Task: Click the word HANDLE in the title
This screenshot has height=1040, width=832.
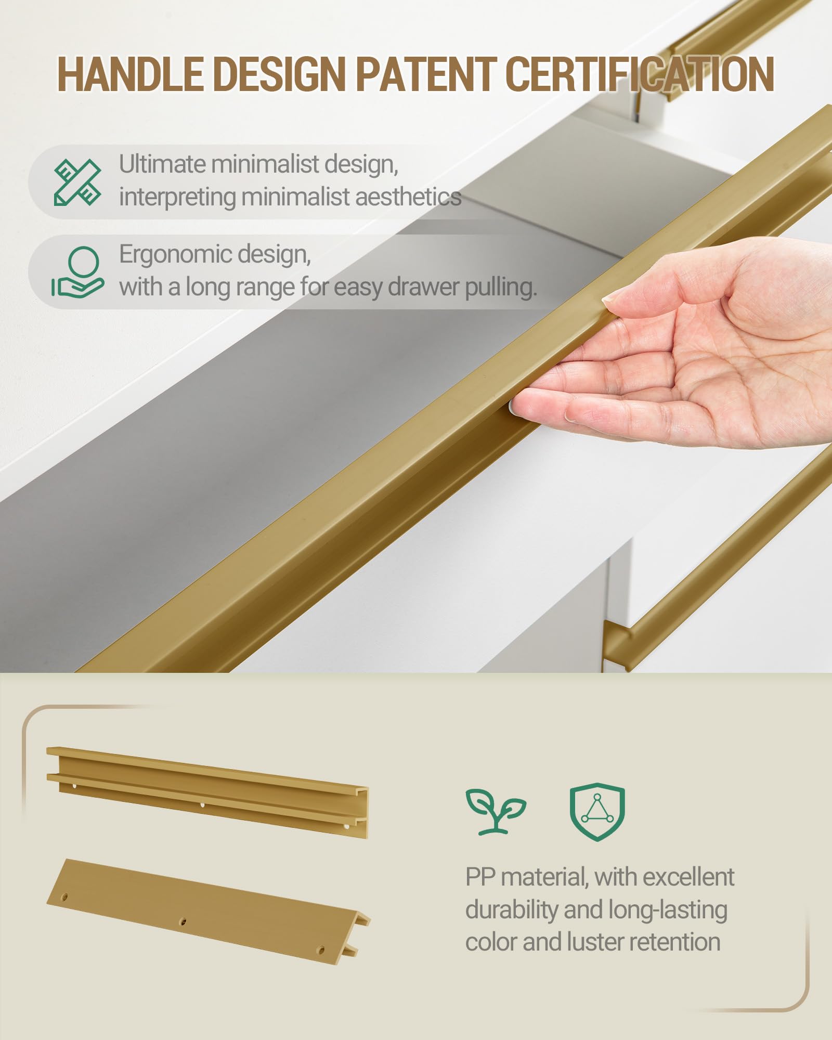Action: (130, 74)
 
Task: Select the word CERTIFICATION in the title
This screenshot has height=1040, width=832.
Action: (640, 74)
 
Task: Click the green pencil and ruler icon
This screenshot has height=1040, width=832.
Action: (78, 182)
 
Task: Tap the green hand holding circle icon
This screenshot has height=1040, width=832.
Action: (78, 272)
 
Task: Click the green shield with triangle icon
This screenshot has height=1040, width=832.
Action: (597, 812)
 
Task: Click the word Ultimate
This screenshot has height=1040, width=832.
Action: (163, 164)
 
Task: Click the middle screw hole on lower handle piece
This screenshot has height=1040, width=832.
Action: (183, 922)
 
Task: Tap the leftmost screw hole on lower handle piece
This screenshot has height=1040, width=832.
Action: (65, 897)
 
